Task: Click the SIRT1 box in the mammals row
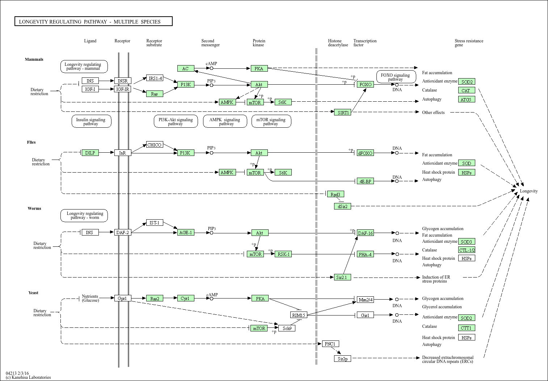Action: point(342,113)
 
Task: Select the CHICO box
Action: point(155,145)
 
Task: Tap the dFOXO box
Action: point(365,153)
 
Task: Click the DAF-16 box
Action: point(365,233)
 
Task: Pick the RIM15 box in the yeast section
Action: point(299,315)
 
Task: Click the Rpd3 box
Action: point(336,194)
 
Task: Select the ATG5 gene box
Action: point(466,99)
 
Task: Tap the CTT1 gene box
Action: point(466,328)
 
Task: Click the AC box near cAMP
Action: point(185,68)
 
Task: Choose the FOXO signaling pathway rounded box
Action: point(395,77)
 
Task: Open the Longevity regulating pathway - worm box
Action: point(84,215)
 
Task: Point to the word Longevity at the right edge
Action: point(528,191)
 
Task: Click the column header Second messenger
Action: point(210,43)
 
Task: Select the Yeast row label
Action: point(33,293)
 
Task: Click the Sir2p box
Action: point(342,359)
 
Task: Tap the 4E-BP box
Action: point(365,181)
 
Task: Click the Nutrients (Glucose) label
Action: point(90,298)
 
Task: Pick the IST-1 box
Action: point(155,223)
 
